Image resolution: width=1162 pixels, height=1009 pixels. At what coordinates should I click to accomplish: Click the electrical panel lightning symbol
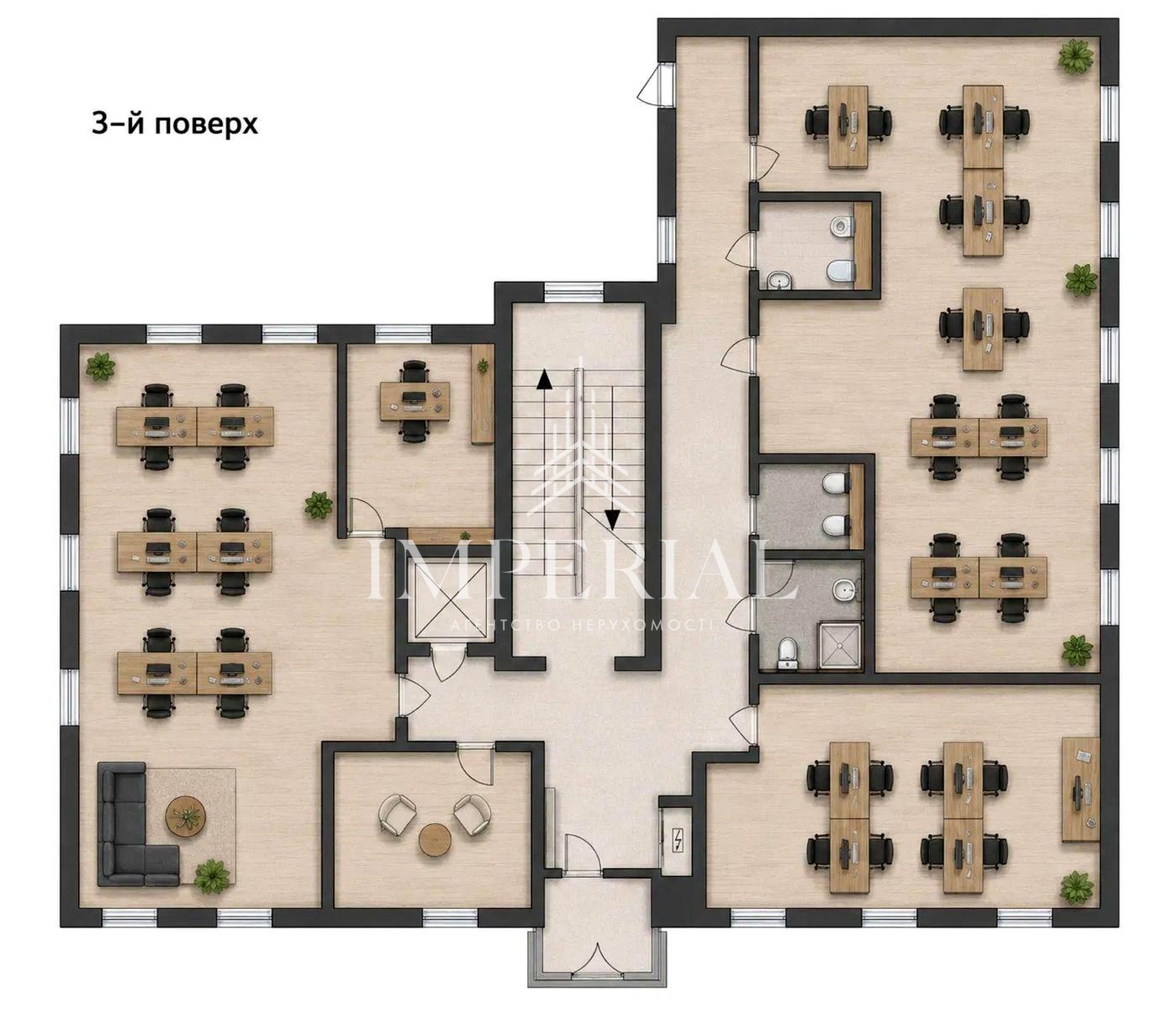[x=677, y=840]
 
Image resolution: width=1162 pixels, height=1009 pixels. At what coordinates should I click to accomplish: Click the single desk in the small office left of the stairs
[x=415, y=401]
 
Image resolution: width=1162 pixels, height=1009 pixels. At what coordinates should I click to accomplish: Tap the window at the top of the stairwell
[x=573, y=293]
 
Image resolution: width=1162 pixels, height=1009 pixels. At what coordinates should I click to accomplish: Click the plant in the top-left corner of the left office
[x=101, y=366]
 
